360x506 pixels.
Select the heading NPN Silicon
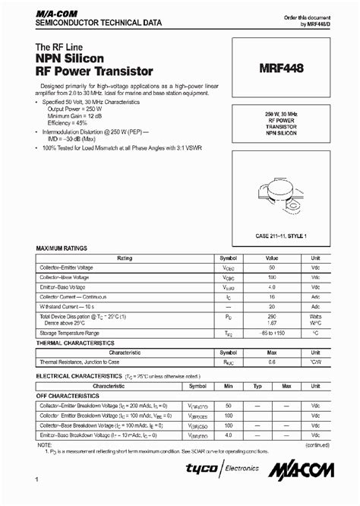click(x=73, y=58)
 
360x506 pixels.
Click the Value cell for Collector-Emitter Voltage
click(x=271, y=268)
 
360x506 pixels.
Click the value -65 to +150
click(x=271, y=333)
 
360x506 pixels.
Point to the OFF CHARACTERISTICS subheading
click(x=71, y=396)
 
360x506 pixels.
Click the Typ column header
click(x=257, y=386)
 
